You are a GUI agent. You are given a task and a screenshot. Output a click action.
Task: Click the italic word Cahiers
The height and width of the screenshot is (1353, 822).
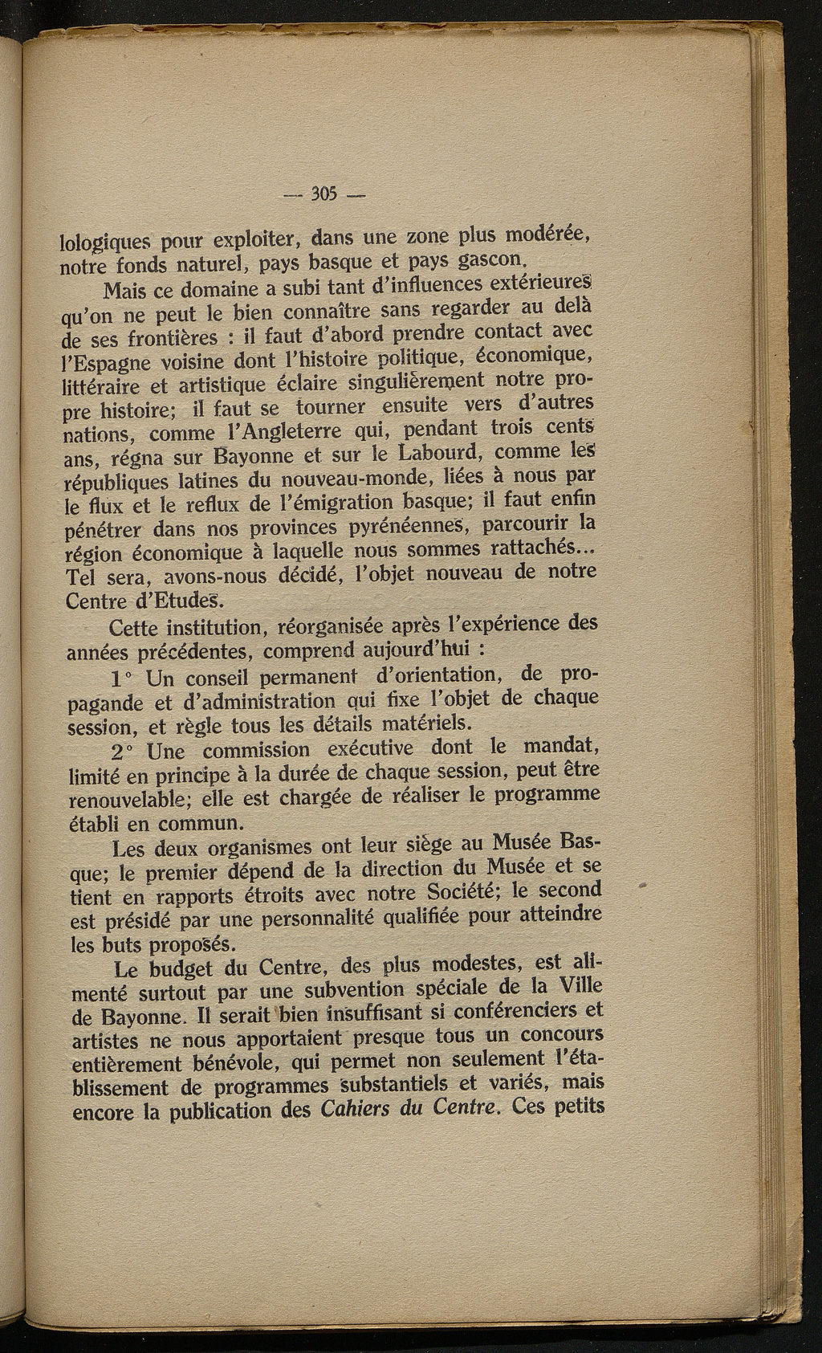click(356, 1111)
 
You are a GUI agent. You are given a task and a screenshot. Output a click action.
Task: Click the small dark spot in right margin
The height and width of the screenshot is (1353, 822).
click(642, 884)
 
